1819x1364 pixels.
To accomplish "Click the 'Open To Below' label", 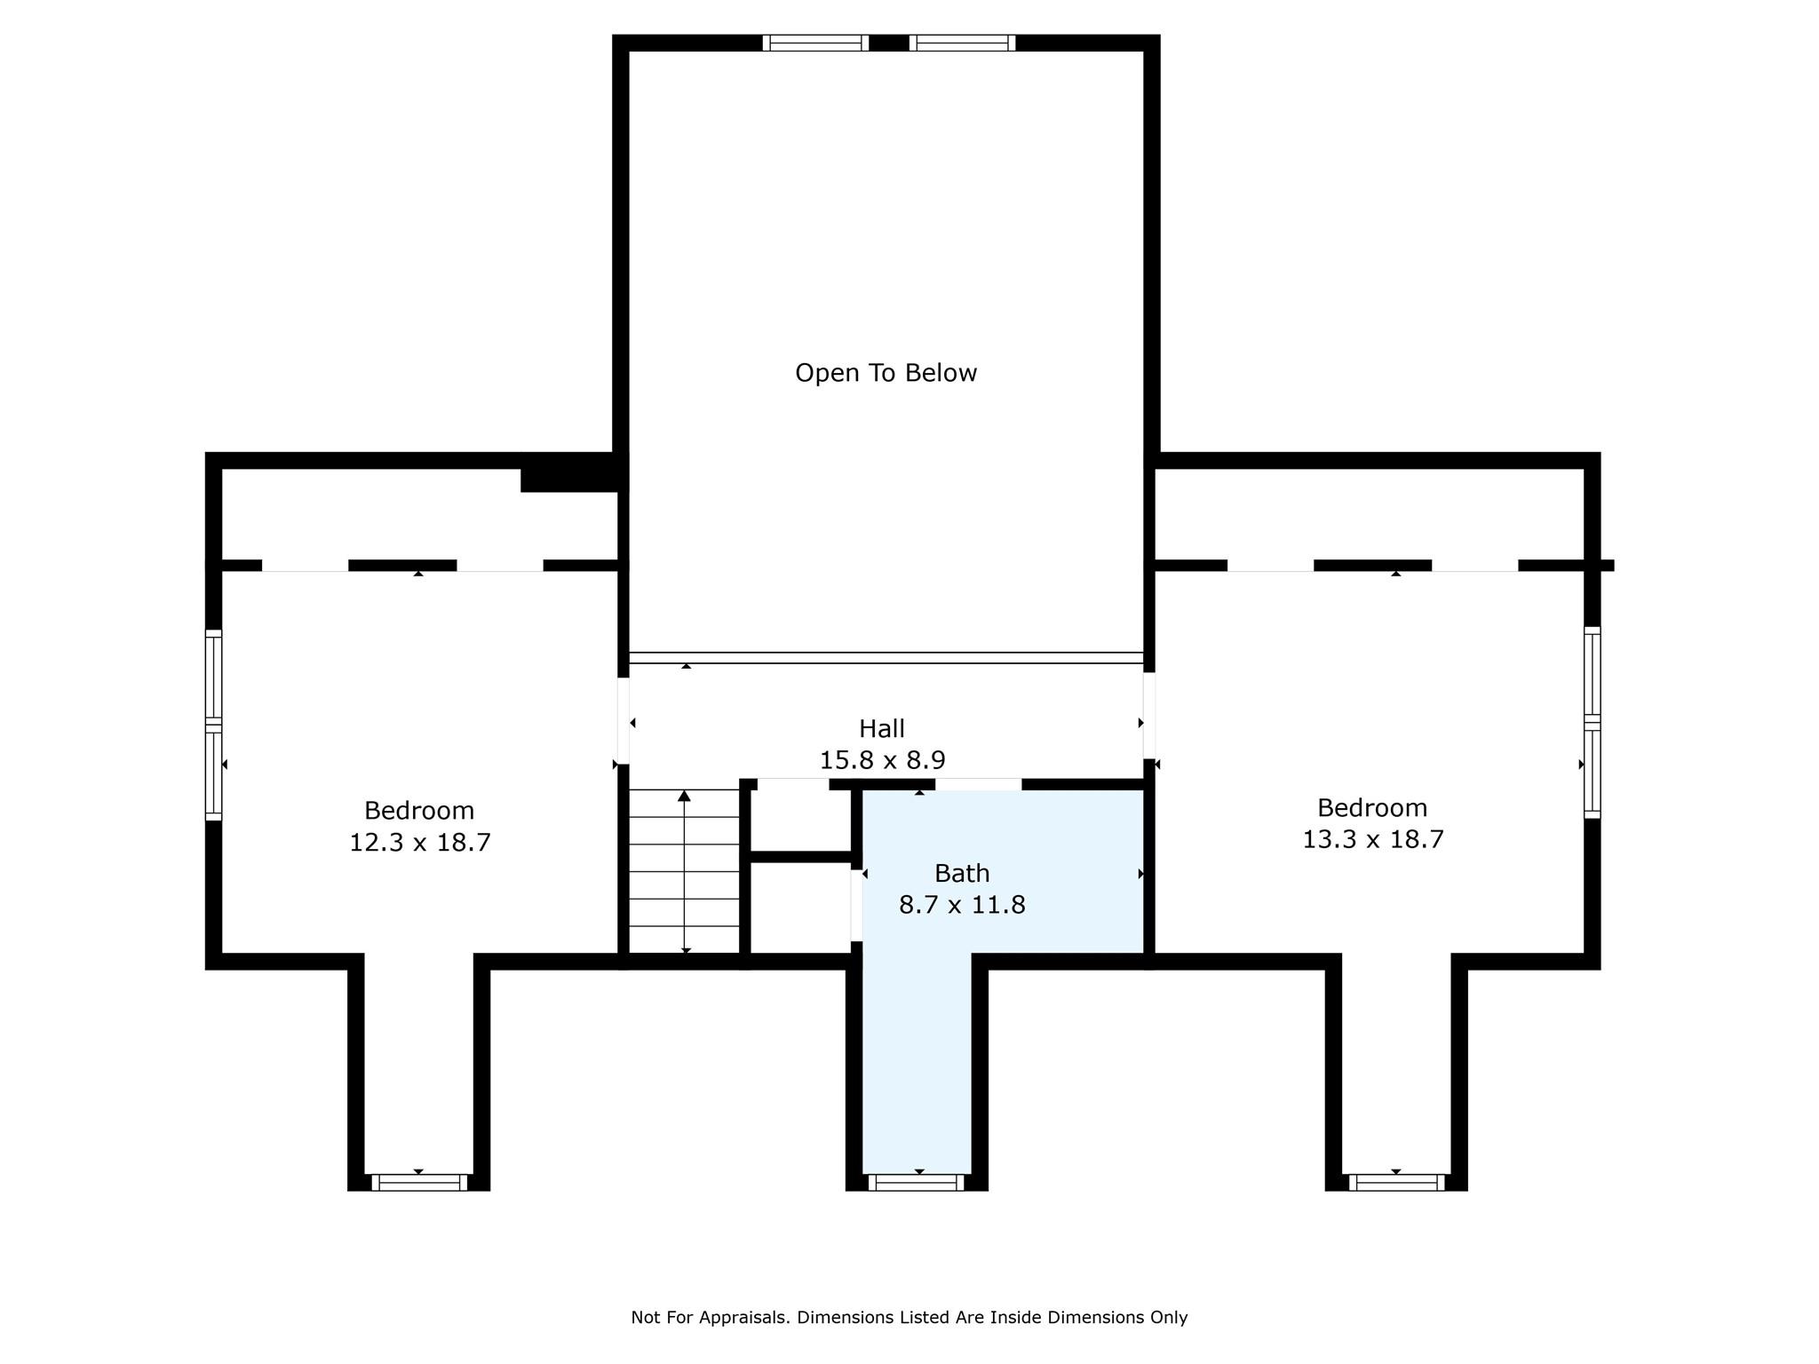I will point(886,373).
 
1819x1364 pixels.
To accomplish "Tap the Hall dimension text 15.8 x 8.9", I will point(882,760).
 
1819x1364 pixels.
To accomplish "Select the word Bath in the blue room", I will point(962,874).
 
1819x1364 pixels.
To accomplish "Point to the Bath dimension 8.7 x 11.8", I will point(962,905).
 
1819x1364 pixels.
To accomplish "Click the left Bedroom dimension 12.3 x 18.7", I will point(419,842).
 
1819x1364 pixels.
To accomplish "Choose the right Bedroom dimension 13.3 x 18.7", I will point(1372,839).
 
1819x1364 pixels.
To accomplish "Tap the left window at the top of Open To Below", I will point(815,43).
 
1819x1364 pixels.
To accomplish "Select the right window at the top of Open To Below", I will point(962,43).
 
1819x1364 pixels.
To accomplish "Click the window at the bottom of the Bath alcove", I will point(916,1182).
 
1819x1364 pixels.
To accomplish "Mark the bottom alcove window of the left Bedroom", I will point(418,1182).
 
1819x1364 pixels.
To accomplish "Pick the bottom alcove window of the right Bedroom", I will point(1396,1182).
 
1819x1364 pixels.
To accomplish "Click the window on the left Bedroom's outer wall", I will point(213,725).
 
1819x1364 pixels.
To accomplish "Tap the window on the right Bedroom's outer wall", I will point(1593,722).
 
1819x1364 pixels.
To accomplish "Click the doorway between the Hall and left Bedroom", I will point(624,720).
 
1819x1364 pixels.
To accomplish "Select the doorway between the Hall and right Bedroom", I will point(1148,716).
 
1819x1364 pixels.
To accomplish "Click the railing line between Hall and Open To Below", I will point(886,658).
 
